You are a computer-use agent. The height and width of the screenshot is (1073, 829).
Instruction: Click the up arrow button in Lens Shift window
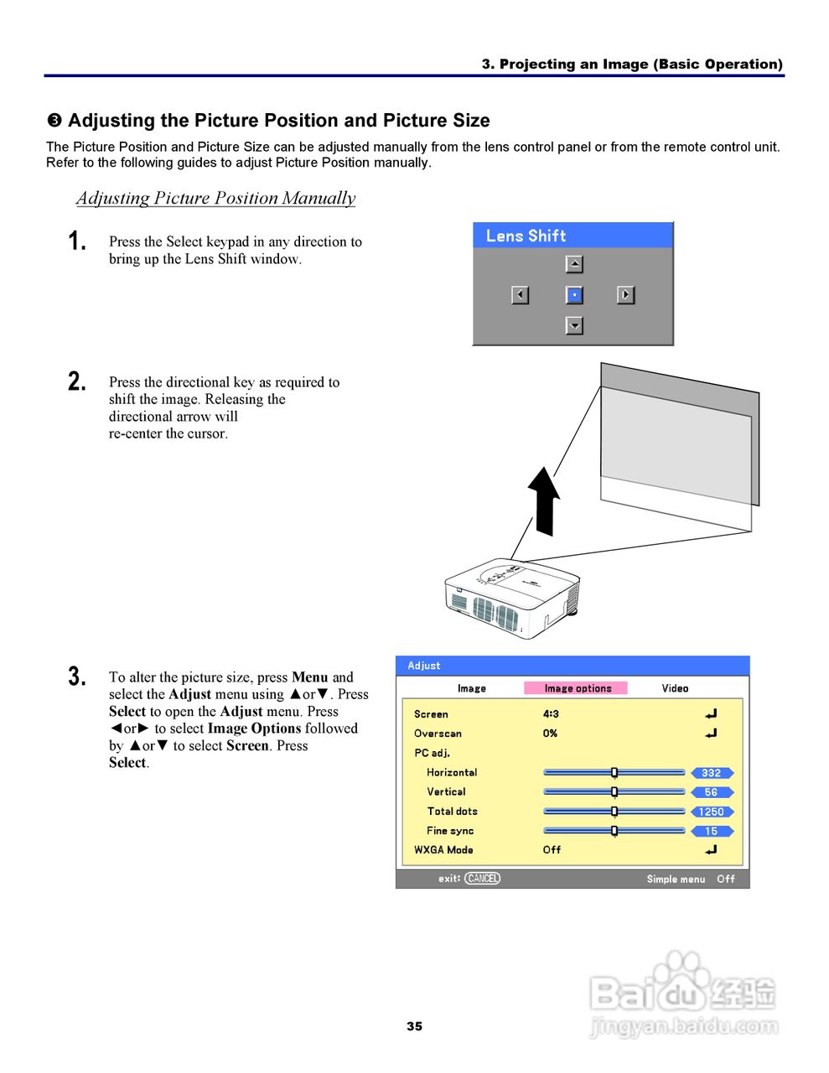(x=574, y=264)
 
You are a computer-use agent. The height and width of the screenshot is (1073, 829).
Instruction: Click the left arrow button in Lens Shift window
(x=521, y=295)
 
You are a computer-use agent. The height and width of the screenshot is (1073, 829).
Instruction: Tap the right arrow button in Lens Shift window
(x=626, y=295)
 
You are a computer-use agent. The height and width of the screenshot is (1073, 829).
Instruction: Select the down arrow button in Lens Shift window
(x=574, y=325)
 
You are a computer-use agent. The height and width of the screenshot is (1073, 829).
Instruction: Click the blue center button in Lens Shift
(x=574, y=295)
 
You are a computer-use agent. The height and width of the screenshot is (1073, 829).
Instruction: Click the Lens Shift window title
(x=526, y=236)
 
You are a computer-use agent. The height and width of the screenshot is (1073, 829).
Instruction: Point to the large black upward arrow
(x=544, y=500)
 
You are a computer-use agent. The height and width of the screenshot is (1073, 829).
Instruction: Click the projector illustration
(x=511, y=599)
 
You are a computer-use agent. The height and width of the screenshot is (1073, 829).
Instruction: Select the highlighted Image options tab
(x=577, y=688)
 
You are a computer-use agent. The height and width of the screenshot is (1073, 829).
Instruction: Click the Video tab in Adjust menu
(x=675, y=688)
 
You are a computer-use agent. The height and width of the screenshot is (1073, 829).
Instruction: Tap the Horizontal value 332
(x=711, y=773)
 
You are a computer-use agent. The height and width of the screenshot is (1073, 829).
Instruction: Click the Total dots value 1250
(x=711, y=811)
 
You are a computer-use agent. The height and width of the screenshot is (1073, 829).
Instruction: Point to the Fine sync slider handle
(x=614, y=831)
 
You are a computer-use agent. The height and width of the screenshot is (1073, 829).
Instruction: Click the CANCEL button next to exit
(x=482, y=879)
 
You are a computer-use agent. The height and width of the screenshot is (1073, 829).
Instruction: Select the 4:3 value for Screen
(x=551, y=714)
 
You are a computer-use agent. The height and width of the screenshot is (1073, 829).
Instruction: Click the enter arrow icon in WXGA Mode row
(x=711, y=850)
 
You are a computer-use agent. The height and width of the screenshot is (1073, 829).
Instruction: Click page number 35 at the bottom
(x=414, y=1026)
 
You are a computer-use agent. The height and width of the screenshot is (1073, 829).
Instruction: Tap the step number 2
(x=76, y=382)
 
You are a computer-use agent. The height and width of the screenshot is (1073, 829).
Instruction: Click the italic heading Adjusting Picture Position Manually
(x=215, y=199)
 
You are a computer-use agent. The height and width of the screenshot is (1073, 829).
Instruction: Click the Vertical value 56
(x=711, y=792)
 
